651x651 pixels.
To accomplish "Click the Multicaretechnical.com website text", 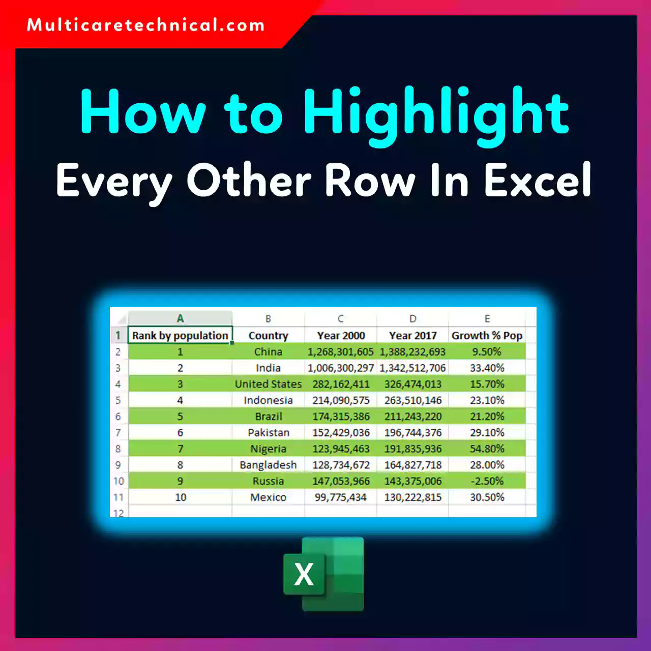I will click(145, 25).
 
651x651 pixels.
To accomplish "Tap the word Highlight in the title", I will click(436, 113).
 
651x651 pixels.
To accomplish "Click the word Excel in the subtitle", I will click(538, 180).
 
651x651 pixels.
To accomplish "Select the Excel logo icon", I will click(323, 574).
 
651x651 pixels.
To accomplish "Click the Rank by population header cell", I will click(180, 336).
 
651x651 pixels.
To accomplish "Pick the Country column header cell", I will click(268, 336).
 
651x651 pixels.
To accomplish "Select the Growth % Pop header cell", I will click(487, 336).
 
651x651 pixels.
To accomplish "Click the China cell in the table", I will click(268, 352).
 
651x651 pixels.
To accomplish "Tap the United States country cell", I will click(268, 384).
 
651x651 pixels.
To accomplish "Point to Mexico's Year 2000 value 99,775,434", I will click(340, 497).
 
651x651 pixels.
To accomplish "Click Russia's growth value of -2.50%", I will click(487, 481).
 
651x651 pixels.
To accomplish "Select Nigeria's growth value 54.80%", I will click(487, 449).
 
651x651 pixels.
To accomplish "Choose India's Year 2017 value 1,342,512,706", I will click(412, 368).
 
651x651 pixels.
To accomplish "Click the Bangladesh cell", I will click(268, 465).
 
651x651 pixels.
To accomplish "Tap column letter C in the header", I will click(340, 319).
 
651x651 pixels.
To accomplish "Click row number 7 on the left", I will click(118, 433).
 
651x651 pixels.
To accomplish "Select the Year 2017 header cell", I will click(412, 336).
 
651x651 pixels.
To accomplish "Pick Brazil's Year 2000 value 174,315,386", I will click(340, 417).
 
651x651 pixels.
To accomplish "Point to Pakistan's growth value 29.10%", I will click(487, 433).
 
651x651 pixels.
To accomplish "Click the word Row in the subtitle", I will click(370, 180).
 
